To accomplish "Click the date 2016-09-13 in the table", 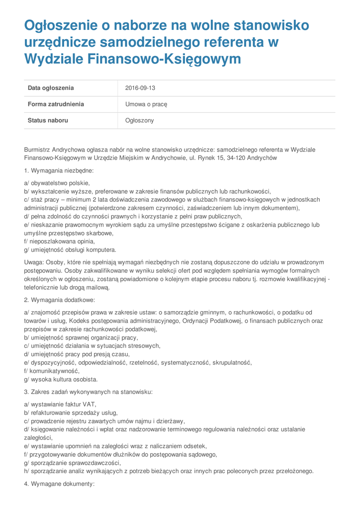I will tap(140, 88).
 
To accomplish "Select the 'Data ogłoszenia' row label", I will tap(51, 88).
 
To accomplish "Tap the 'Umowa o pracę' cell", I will tap(146, 104).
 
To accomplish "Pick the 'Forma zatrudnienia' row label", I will tap(56, 104).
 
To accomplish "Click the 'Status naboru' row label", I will tap(48, 120).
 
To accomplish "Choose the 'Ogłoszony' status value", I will tap(139, 120).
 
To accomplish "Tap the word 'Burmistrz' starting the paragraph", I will tap(37, 150).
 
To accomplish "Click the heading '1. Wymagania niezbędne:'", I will tap(59, 170).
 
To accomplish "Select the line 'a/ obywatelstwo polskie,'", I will tap(57, 183).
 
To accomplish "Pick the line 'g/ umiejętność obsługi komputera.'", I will tap(70, 250).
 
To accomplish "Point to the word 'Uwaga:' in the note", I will tap(34, 262).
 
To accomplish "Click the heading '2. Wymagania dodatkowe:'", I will tap(59, 300).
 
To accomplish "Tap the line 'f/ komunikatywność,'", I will tap(52, 371).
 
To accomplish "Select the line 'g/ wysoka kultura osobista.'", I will tap(61, 379).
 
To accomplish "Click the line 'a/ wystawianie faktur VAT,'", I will tap(60, 404).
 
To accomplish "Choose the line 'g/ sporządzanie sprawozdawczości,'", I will tap(72, 463).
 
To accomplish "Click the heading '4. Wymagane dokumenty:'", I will tap(59, 484).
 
